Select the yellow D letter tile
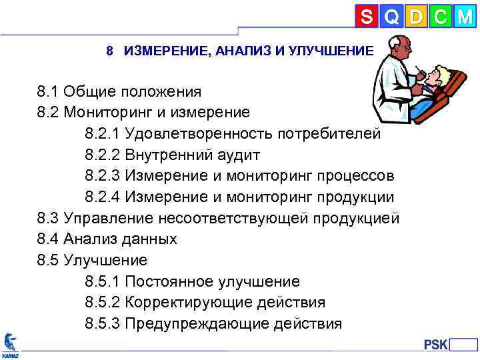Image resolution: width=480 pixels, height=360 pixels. pyautogui.click(x=416, y=17)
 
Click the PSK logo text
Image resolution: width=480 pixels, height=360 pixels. pyautogui.click(x=436, y=345)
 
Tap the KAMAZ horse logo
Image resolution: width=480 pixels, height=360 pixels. pyautogui.click(x=10, y=343)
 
